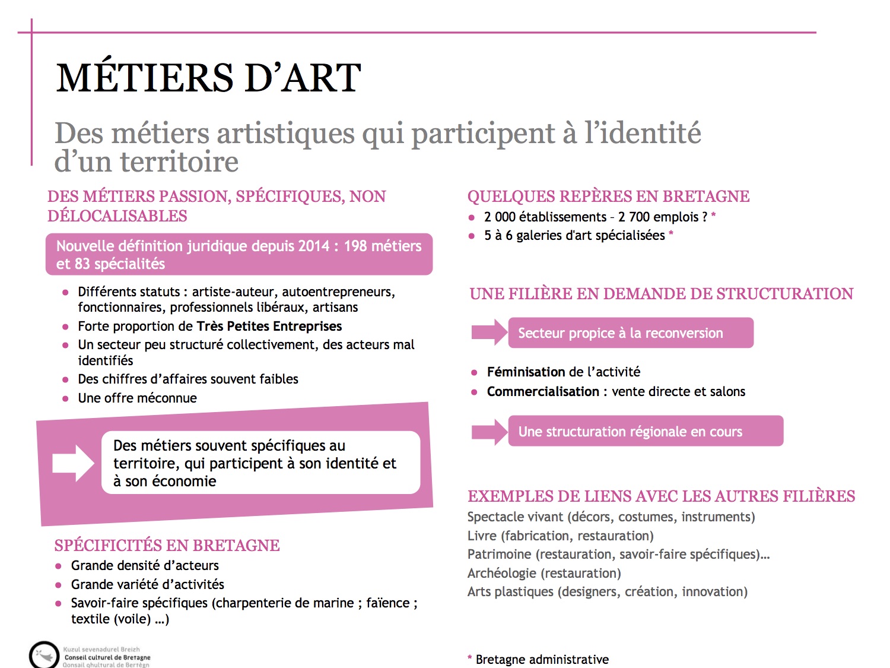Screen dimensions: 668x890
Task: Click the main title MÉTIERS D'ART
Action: pyautogui.click(x=208, y=78)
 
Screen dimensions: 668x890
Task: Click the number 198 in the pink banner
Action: pyautogui.click(x=355, y=246)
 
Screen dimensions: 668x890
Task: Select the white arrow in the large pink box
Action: pyautogui.click(x=73, y=463)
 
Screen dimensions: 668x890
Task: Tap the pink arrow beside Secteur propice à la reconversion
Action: pyautogui.click(x=490, y=333)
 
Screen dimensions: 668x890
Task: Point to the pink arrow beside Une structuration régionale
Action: pyautogui.click(x=490, y=432)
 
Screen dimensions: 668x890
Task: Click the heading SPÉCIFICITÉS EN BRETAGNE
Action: pyautogui.click(x=167, y=545)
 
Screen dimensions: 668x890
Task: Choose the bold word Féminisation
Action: pyautogui.click(x=526, y=372)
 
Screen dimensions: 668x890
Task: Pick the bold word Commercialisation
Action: pyautogui.click(x=543, y=391)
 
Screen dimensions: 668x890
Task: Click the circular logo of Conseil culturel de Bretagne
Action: pyautogui.click(x=43, y=655)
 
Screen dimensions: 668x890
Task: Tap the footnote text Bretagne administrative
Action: pyautogui.click(x=542, y=659)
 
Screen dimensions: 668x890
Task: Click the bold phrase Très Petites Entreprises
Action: pyautogui.click(x=269, y=326)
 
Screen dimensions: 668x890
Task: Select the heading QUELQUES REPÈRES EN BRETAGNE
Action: pyautogui.click(x=608, y=197)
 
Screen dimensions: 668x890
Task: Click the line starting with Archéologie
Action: pyautogui.click(x=544, y=573)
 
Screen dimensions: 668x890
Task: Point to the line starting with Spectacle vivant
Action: pyautogui.click(x=611, y=517)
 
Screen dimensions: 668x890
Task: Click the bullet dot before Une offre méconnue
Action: pyautogui.click(x=65, y=398)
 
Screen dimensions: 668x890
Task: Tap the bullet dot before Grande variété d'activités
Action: pyautogui.click(x=58, y=585)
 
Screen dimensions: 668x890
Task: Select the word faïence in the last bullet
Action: pyautogui.click(x=387, y=603)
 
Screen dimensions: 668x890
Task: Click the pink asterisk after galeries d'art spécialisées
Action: pyautogui.click(x=671, y=235)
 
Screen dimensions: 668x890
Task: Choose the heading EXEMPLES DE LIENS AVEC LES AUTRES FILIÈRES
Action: pyautogui.click(x=661, y=496)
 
